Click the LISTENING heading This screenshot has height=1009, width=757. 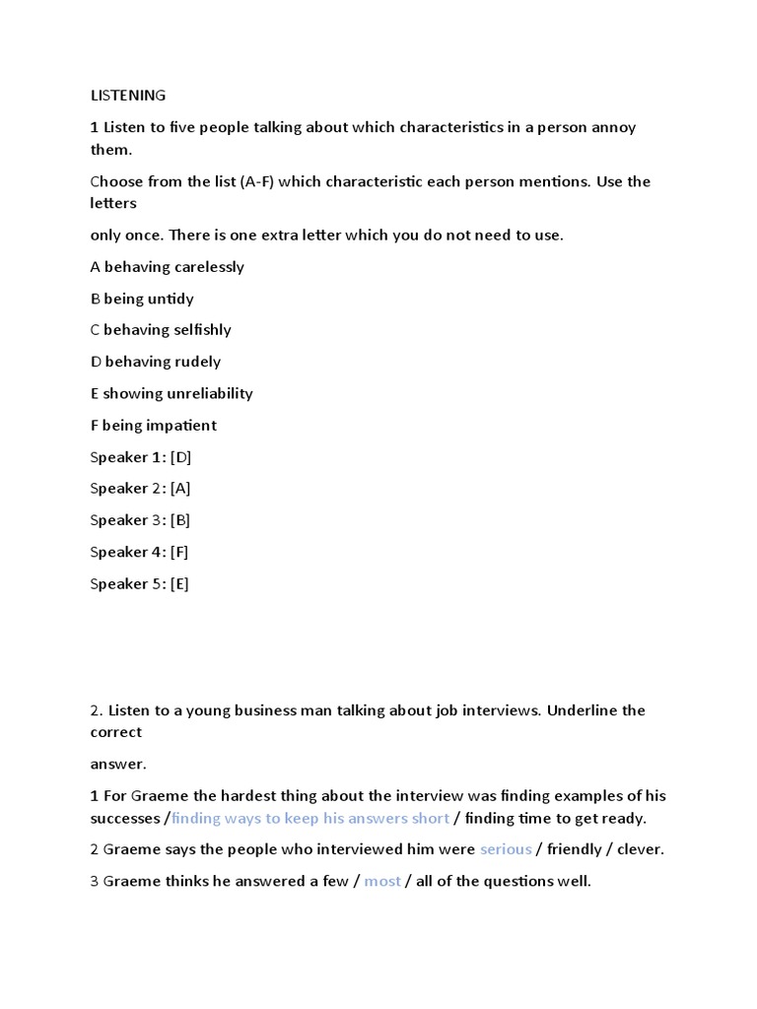point(128,96)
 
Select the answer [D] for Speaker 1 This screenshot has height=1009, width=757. point(180,457)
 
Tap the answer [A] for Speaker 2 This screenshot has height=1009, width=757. point(180,489)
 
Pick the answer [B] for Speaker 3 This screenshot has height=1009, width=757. point(180,520)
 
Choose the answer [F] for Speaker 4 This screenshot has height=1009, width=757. point(179,552)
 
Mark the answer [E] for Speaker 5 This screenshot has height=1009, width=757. point(179,583)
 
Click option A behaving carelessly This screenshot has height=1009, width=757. point(167,267)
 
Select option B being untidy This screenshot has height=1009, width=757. point(142,299)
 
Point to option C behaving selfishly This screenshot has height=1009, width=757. point(161,330)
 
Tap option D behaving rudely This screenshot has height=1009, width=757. point(156,362)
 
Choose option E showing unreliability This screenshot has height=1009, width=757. point(172,393)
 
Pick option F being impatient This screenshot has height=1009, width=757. point(153,426)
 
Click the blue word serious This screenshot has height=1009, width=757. point(506,849)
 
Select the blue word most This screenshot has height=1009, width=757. point(382,881)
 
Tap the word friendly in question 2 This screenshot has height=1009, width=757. point(574,849)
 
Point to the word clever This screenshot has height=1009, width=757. point(640,849)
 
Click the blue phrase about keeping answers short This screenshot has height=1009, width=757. point(310,818)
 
